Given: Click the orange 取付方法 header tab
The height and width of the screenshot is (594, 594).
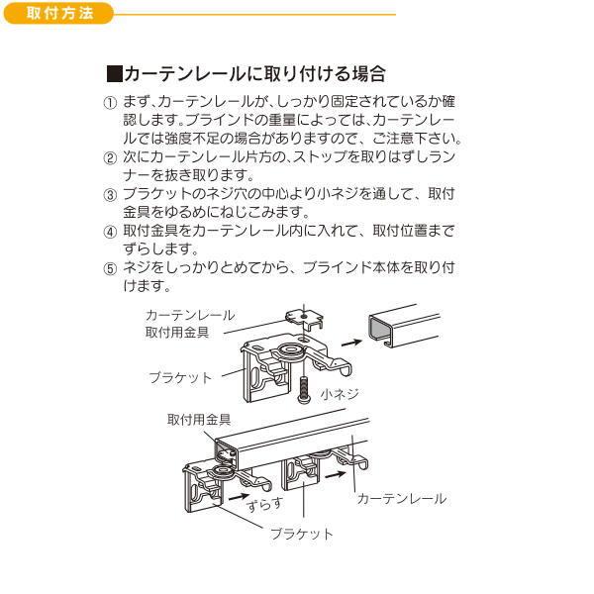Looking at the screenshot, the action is pyautogui.click(x=55, y=14).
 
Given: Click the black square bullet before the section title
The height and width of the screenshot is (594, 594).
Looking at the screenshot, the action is pyautogui.click(x=113, y=74).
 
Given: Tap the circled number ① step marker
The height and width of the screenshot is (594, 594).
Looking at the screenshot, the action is pyautogui.click(x=110, y=103).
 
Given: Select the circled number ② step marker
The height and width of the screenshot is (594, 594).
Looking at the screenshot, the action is pyautogui.click(x=110, y=158).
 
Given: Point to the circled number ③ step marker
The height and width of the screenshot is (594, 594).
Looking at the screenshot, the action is pyautogui.click(x=110, y=195).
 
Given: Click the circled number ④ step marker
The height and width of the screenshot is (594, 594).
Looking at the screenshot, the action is pyautogui.click(x=110, y=232).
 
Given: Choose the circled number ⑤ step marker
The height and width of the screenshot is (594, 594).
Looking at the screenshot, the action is pyautogui.click(x=110, y=268).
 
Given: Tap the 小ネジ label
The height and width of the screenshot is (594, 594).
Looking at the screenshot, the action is pyautogui.click(x=339, y=393).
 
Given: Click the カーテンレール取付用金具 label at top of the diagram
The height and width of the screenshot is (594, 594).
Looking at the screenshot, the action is pyautogui.click(x=189, y=323).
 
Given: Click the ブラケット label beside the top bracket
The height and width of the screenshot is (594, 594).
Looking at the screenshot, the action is pyautogui.click(x=180, y=377).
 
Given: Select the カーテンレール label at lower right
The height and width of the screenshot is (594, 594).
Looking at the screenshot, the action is pyautogui.click(x=401, y=499).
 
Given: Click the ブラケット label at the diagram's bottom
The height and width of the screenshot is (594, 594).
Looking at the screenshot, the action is pyautogui.click(x=302, y=534).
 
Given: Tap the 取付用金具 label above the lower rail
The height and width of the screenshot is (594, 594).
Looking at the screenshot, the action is pyautogui.click(x=192, y=421).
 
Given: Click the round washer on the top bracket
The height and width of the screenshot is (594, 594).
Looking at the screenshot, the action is pyautogui.click(x=294, y=352).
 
